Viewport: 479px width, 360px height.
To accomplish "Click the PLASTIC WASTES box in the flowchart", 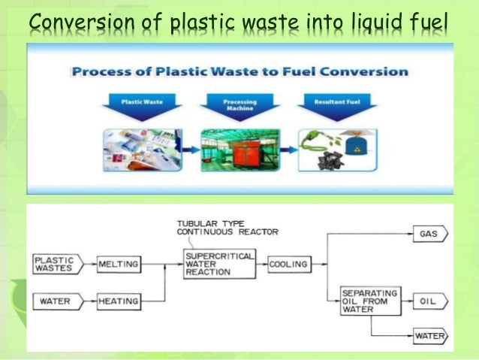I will (x=56, y=264).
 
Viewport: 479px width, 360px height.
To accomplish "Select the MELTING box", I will (x=118, y=264).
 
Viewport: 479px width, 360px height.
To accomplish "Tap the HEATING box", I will (x=118, y=301).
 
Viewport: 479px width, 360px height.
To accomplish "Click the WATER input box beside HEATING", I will (x=56, y=301).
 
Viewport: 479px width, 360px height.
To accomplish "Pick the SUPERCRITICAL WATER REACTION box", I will (x=219, y=265).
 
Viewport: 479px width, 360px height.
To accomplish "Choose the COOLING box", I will (x=288, y=265).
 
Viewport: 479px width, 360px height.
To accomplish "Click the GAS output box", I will (x=429, y=234).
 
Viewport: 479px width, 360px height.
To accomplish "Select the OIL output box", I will (x=429, y=301).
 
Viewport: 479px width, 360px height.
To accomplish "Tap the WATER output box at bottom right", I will (x=429, y=336).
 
